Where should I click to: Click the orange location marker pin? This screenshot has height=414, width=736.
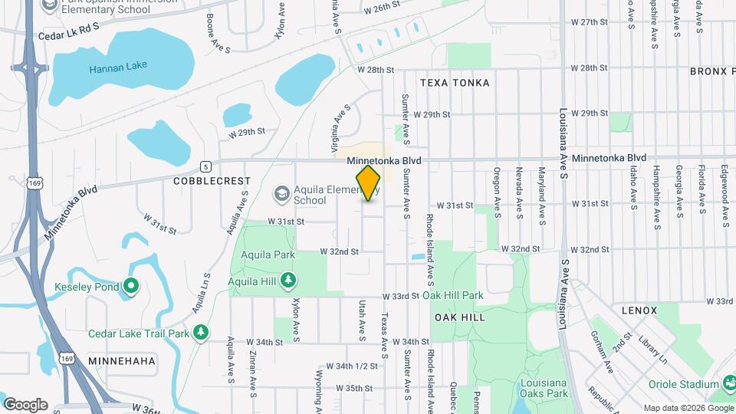click(369, 183)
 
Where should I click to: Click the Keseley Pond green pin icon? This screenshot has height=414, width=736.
click(131, 287)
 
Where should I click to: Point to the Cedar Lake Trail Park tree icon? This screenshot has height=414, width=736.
click(201, 333)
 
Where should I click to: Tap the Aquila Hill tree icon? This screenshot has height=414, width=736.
click(287, 281)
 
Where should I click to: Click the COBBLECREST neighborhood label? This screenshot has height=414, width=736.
click(212, 181)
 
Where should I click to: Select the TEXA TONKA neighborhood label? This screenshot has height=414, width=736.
click(455, 82)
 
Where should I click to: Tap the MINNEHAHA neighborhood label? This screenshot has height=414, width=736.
click(122, 360)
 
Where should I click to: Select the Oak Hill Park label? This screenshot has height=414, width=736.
click(452, 295)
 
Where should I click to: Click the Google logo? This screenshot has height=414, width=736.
click(25, 405)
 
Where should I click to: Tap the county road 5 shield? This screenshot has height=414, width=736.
click(205, 166)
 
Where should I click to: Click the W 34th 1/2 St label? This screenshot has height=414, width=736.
click(352, 366)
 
